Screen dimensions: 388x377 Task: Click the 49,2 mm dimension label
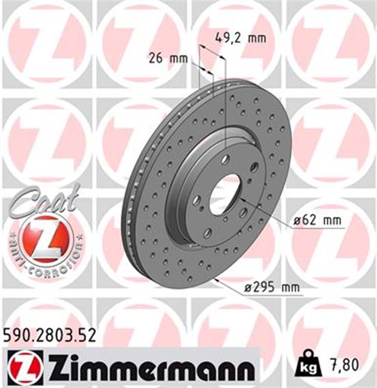(240, 38)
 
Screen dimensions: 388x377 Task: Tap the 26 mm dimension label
(168, 59)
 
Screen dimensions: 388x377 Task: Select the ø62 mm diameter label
(314, 220)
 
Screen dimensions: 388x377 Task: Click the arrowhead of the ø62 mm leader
(240, 199)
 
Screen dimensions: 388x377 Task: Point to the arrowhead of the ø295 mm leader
(215, 279)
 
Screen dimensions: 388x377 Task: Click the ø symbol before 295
(248, 288)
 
